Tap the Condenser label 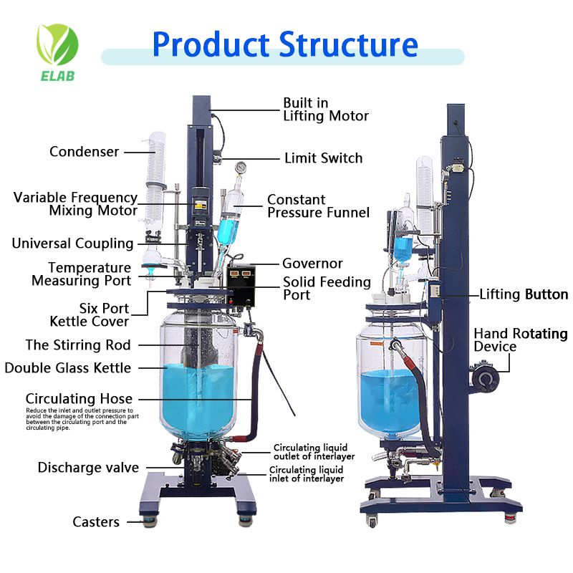point(84,152)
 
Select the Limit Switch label point(323,158)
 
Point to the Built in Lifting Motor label point(326,110)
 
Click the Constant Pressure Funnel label point(318,206)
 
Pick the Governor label point(312,264)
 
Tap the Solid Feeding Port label point(327,289)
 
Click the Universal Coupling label point(72,244)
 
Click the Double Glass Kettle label point(68,368)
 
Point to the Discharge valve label point(88,468)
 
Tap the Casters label point(96,522)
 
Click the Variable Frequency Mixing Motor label point(75,204)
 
